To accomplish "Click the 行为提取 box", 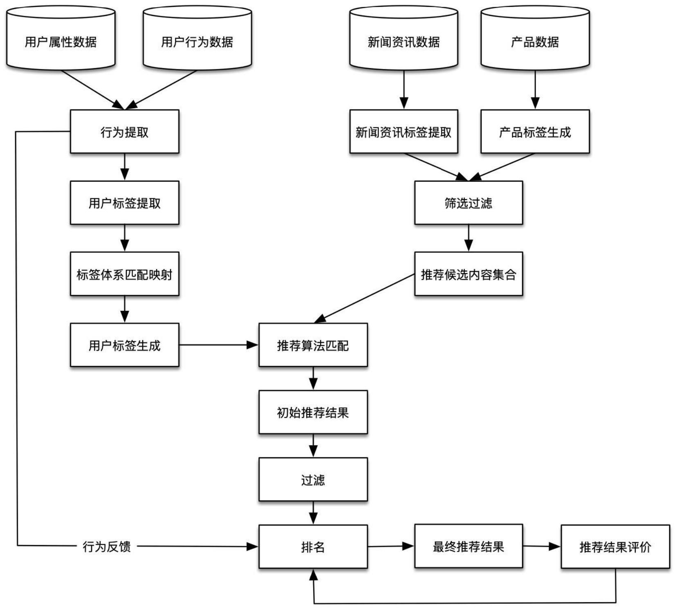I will tap(124, 131).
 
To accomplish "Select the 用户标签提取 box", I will tap(124, 203).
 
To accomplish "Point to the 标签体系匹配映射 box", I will tap(124, 274).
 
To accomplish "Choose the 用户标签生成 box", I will tap(124, 345).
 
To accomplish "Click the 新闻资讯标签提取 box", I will tap(404, 131).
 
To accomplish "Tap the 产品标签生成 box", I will tap(535, 131).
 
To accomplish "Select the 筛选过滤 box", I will tap(469, 203).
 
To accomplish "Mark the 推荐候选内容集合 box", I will tap(469, 274).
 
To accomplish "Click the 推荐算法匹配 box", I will tap(313, 345).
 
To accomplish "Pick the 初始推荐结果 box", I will tap(313, 412).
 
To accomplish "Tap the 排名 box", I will tap(313, 546).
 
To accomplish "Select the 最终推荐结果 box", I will tap(469, 546).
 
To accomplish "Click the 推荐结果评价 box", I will tap(615, 546).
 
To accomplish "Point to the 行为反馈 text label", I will tap(106, 546).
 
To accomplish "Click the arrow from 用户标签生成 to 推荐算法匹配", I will tap(219, 345).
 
